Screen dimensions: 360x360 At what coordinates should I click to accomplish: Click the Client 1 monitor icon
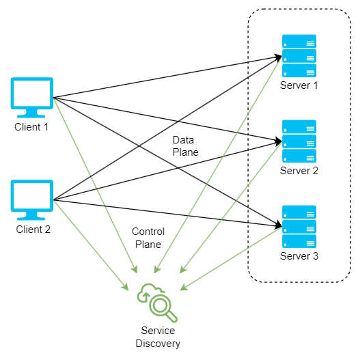32,98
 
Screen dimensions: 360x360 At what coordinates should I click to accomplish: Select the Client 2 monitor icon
32,200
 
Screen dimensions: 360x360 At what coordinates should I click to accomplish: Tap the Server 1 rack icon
299,56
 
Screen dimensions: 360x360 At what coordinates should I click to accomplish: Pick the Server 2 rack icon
299,141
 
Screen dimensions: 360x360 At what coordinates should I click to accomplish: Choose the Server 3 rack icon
299,227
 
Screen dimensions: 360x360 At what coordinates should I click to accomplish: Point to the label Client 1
31,127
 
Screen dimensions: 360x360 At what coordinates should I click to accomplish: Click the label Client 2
33,230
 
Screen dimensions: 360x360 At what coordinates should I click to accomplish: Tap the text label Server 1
299,85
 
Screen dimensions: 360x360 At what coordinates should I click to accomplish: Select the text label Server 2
299,171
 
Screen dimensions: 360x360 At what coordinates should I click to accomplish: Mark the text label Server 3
299,256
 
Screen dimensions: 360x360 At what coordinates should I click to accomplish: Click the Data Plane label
186,146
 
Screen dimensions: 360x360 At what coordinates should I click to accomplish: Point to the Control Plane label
148,238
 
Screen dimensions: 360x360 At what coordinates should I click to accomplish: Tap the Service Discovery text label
158,337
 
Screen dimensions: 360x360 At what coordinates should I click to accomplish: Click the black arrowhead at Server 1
278,57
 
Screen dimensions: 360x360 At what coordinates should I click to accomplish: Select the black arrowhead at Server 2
278,141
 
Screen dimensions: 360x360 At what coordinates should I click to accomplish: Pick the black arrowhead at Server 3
278,225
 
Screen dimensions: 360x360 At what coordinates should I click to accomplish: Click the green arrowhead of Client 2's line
126,287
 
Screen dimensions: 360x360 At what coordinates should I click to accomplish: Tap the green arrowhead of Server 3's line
184,288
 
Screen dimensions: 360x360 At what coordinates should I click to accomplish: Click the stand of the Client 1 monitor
31,113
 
